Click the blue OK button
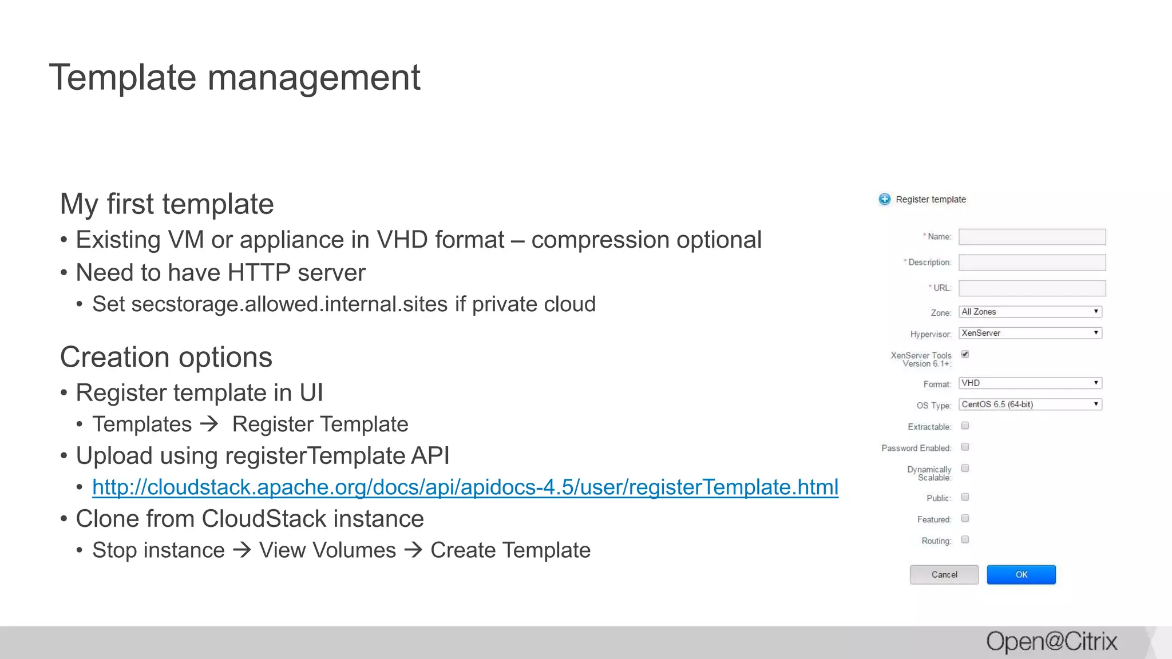(x=1021, y=574)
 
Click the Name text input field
(x=1032, y=237)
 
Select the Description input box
(x=1032, y=263)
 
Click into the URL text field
(x=1032, y=288)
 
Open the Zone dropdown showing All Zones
(x=1030, y=312)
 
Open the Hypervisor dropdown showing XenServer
(x=1030, y=333)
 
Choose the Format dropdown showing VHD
(x=1030, y=383)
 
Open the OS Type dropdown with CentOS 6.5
(x=1030, y=404)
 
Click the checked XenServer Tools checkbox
(x=965, y=354)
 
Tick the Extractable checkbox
(x=965, y=426)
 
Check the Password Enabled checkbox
(x=965, y=447)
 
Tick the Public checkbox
(x=965, y=497)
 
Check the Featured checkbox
(x=965, y=518)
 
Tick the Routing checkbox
(x=965, y=539)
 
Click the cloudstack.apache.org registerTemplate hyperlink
(x=465, y=487)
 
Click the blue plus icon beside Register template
(x=885, y=199)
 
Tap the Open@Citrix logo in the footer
(x=1051, y=641)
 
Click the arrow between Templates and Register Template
(x=209, y=424)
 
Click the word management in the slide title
(x=314, y=78)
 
